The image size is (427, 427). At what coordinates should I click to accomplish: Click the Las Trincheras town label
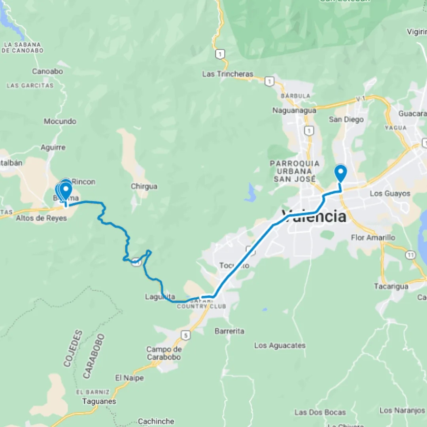227,74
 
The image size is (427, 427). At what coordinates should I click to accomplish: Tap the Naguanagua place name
294,111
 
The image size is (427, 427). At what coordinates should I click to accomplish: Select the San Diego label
346,119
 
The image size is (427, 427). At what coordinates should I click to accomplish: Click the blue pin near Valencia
340,173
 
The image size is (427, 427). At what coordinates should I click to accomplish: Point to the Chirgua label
144,186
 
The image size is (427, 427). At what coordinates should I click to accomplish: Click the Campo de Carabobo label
164,353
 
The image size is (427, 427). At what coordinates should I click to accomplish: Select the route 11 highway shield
410,255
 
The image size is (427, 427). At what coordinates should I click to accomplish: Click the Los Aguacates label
280,346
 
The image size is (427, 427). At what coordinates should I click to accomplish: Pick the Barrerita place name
229,331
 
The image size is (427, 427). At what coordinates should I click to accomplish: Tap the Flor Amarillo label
373,238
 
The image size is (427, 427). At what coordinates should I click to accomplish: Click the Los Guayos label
390,194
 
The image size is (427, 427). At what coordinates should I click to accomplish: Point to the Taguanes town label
99,401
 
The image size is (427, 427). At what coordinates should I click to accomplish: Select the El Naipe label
129,378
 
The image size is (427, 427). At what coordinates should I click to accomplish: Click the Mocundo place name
60,121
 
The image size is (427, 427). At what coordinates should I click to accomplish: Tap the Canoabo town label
47,72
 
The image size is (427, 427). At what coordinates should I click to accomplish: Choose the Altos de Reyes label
41,218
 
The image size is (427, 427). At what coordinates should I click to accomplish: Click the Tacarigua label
391,286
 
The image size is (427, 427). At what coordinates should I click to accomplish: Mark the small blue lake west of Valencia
250,193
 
